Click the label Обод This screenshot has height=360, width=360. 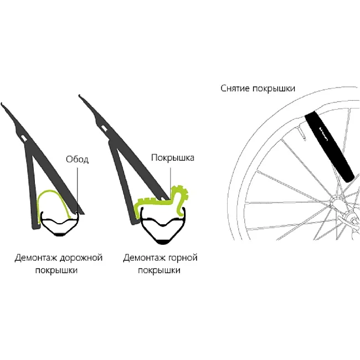tap(77, 159)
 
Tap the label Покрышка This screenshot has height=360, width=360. tap(173, 158)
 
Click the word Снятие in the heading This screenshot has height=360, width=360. tap(235, 88)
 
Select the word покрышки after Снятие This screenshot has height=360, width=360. tap(274, 89)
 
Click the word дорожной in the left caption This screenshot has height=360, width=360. tap(81, 258)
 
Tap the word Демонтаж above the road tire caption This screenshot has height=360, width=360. tap(35, 258)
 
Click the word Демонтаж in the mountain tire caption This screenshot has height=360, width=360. tap(144, 258)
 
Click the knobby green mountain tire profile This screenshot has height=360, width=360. tap(161, 203)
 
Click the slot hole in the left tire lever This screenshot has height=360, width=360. tap(24, 137)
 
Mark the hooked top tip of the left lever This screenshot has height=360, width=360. tap(2, 104)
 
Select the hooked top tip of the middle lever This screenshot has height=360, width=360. tap(80, 96)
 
